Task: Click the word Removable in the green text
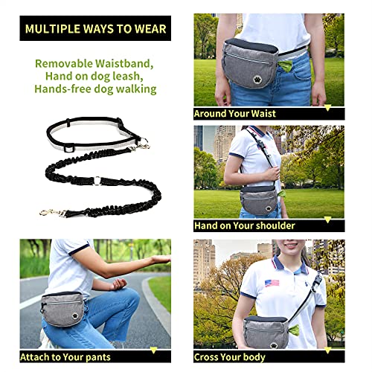66,63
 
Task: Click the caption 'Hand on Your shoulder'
244,225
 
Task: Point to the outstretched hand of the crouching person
158,259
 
